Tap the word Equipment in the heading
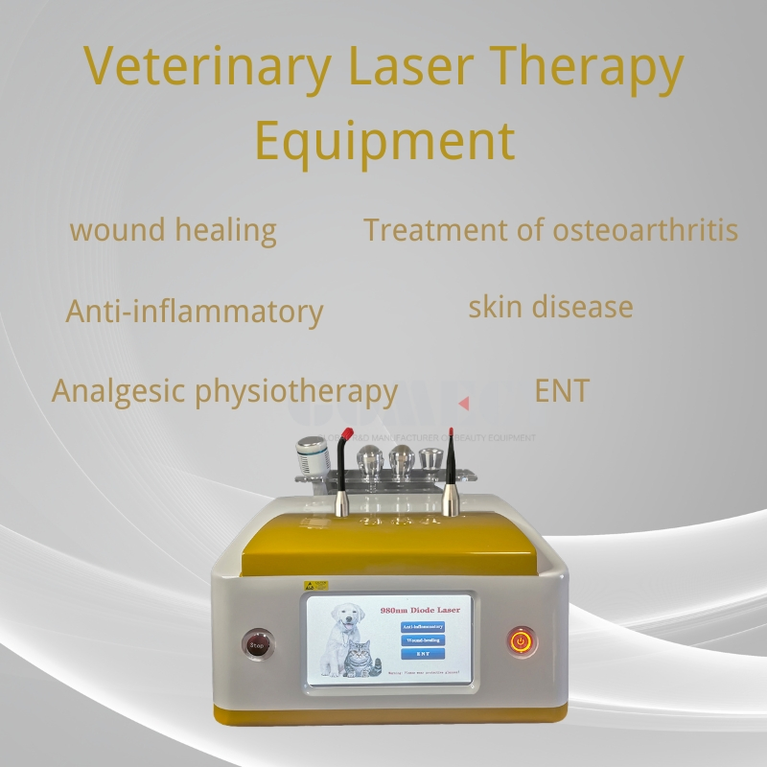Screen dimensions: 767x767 pyautogui.click(x=384, y=140)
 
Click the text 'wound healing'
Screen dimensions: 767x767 pyautogui.click(x=174, y=231)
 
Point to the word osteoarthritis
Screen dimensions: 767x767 pyautogui.click(x=644, y=231)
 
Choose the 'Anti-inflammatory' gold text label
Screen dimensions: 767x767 pyautogui.click(x=195, y=313)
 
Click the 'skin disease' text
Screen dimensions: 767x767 pyautogui.click(x=550, y=307)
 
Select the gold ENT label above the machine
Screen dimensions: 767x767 pyautogui.click(x=562, y=390)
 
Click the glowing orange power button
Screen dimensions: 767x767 pyautogui.click(x=522, y=640)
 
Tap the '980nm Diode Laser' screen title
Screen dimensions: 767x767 pyautogui.click(x=419, y=610)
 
